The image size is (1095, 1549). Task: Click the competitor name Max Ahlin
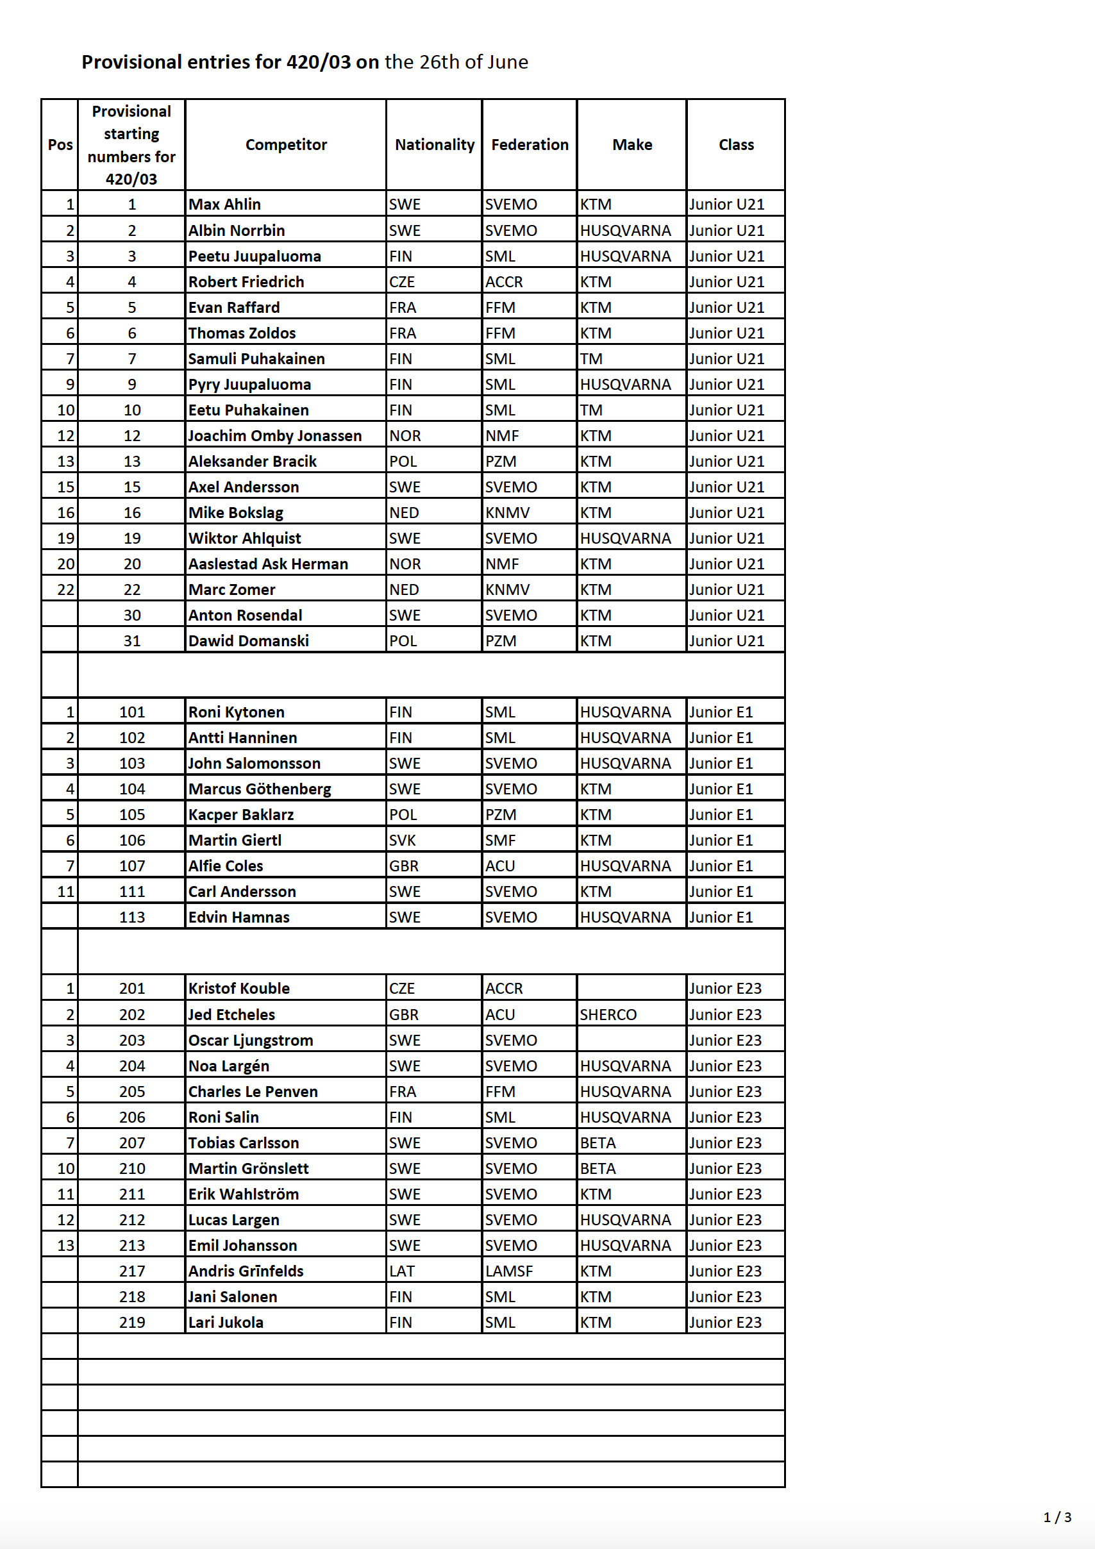[x=224, y=205]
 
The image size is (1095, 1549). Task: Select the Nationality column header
[x=435, y=144]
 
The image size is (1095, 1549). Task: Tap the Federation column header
[x=530, y=144]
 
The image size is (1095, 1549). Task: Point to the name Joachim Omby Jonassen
[x=274, y=436]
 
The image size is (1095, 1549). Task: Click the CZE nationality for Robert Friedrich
[x=402, y=282]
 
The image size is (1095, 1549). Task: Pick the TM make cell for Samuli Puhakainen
[x=591, y=359]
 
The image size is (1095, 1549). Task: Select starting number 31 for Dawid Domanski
[x=131, y=641]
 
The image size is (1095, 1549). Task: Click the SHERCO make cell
[x=608, y=1015]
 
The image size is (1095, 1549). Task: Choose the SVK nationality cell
[x=402, y=841]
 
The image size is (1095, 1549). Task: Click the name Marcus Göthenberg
[x=260, y=789]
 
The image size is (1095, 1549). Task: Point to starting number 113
[x=131, y=917]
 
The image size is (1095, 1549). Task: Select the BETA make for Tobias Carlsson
[x=598, y=1143]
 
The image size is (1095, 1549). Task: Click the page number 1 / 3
[x=1057, y=1518]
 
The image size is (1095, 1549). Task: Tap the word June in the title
[x=506, y=62]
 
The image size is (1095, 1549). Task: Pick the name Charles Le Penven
[x=253, y=1092]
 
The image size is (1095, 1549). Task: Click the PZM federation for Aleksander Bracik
[x=501, y=462]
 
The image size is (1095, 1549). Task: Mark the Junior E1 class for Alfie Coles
[x=721, y=866]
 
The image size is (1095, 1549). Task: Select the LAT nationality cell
[x=401, y=1271]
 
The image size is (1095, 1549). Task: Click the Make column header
[x=632, y=144]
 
